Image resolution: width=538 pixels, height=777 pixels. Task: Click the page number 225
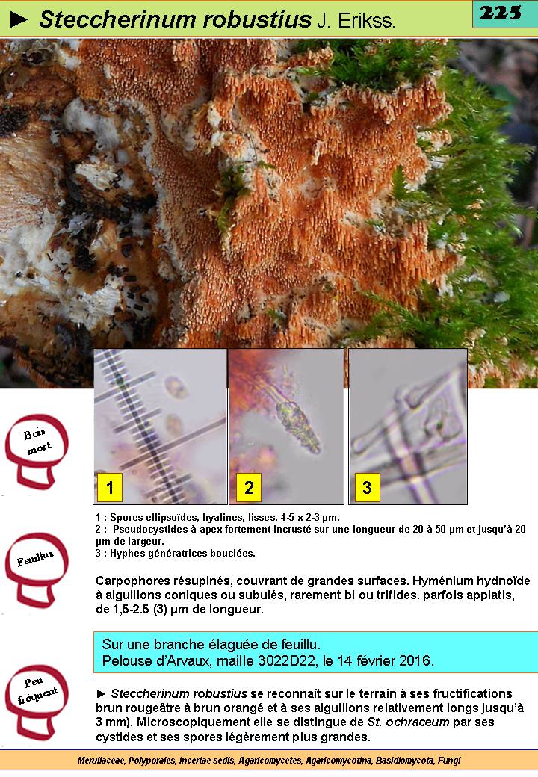(501, 13)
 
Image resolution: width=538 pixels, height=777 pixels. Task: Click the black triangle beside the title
(19, 19)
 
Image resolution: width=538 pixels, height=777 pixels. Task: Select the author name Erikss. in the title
(366, 21)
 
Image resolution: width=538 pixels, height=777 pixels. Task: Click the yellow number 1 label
(110, 486)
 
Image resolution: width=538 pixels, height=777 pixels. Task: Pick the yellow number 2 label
(249, 486)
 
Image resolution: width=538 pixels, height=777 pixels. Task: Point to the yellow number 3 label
(367, 486)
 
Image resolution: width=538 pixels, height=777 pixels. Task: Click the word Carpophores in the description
(129, 581)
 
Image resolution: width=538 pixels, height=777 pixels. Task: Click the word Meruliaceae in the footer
(102, 760)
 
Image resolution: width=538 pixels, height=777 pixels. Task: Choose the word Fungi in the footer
(449, 760)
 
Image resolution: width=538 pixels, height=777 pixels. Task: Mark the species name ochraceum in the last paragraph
(421, 722)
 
